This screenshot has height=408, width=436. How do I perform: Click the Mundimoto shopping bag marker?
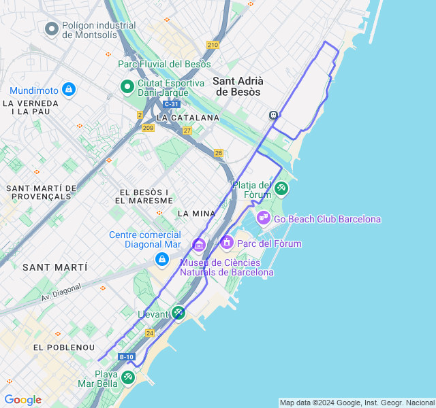[x=68, y=89]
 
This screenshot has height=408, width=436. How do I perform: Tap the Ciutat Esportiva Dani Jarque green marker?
[x=127, y=87]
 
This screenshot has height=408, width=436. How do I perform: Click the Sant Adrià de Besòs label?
[x=238, y=86]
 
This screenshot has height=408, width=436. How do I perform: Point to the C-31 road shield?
[x=172, y=104]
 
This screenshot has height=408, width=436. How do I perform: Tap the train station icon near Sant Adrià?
[x=274, y=115]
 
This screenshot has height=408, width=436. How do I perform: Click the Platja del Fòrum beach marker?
[x=281, y=188]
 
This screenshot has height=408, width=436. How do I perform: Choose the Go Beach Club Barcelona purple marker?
[x=263, y=218]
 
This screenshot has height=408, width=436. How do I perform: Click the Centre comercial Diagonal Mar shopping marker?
[x=161, y=259]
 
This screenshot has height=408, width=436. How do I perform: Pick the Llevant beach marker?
[x=178, y=313]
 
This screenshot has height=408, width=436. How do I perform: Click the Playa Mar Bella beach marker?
[x=127, y=377]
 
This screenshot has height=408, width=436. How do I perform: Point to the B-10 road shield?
[x=127, y=356]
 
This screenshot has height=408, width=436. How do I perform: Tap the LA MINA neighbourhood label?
[x=196, y=213]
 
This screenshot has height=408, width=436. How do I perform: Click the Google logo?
[x=22, y=400]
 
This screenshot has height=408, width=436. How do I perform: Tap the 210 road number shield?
[x=213, y=45]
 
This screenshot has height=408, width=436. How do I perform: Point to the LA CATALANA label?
[x=188, y=118]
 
